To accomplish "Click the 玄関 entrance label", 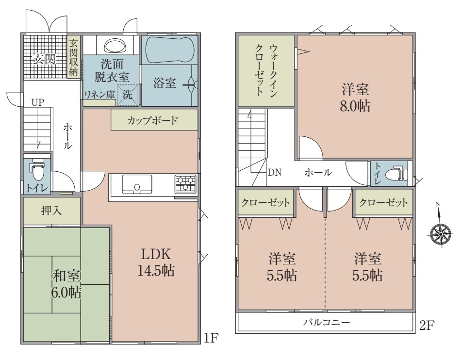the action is tap(44, 59).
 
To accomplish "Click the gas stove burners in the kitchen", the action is tap(185, 183).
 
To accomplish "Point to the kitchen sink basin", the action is tap(137, 184).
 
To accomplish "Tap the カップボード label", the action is tap(152, 120).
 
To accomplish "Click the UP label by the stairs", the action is tap(38, 102).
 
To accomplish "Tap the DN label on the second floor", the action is tap(275, 172).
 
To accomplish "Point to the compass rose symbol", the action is tap(440, 233).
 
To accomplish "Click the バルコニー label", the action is tap(327, 323).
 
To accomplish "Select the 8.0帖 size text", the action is tap(355, 106).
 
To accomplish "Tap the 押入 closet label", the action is tap(51, 211).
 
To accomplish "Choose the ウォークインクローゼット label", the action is tap(266, 70).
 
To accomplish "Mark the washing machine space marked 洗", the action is tap(128, 95).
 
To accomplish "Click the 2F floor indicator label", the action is tap(427, 325).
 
